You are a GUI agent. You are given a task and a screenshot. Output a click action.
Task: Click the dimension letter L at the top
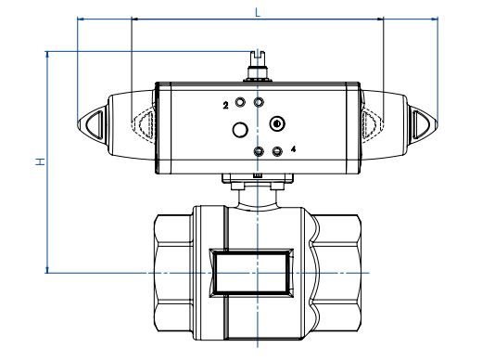[x=257, y=10]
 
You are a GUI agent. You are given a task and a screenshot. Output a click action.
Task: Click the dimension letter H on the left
[x=39, y=161]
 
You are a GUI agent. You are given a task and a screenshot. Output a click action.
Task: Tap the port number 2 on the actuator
[x=225, y=106]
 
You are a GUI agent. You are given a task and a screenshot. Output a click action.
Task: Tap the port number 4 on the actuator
[x=293, y=148]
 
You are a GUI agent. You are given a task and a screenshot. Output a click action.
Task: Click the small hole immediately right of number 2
[x=242, y=102]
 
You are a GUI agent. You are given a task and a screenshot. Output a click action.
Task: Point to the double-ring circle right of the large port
[x=276, y=124]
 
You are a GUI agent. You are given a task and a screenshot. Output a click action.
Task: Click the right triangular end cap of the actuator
[x=423, y=123]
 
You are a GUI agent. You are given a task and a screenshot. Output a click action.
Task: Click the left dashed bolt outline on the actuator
[x=143, y=123]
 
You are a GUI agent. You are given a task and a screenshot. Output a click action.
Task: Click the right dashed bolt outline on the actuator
[x=372, y=123]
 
